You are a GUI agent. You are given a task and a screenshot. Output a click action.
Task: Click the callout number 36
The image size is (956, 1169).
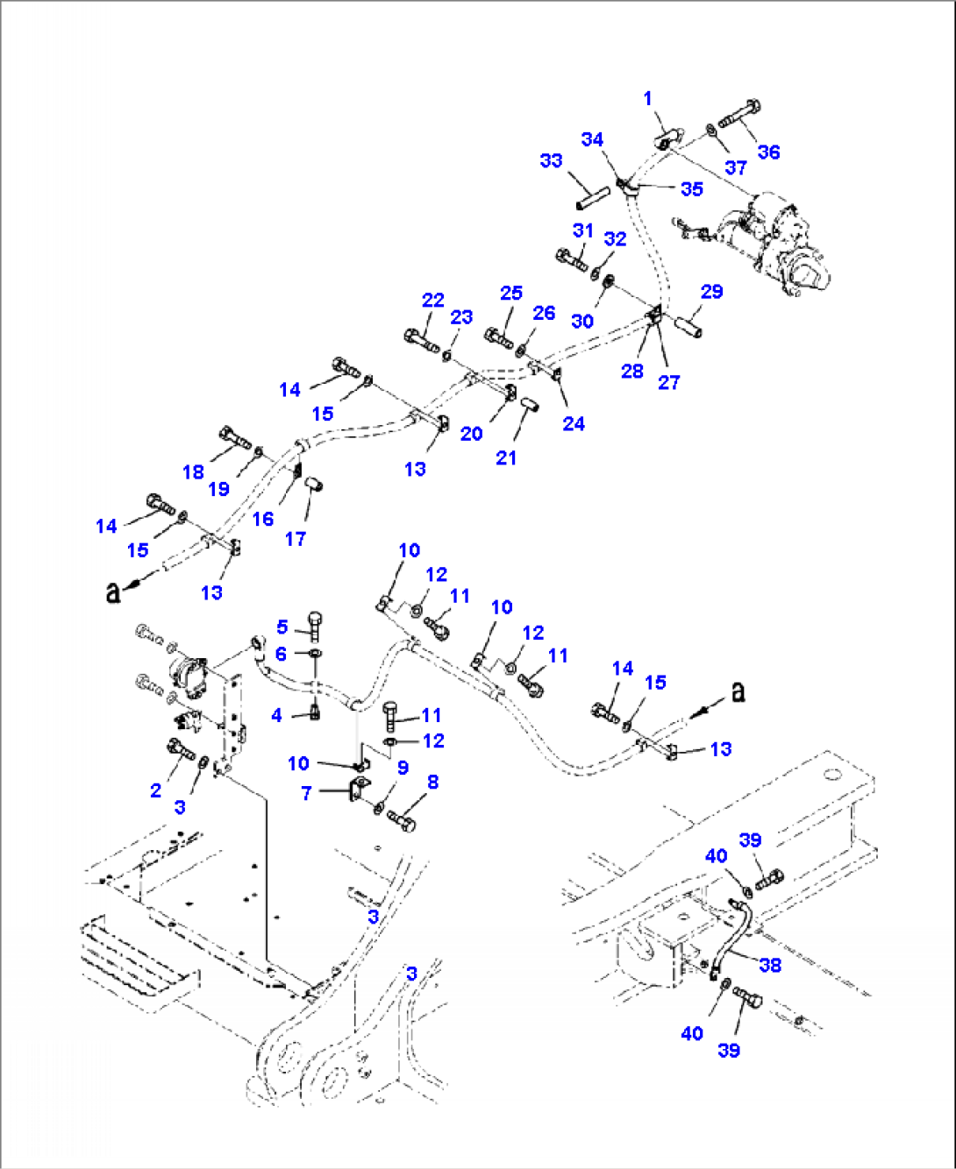click(x=768, y=152)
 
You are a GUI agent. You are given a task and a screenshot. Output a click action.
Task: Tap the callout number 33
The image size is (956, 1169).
click(x=551, y=160)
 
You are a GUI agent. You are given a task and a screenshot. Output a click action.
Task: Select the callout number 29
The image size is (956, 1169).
click(x=711, y=291)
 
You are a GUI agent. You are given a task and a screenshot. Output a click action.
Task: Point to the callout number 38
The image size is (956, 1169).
click(x=770, y=965)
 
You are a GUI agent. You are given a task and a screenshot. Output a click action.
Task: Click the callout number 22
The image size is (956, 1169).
click(x=433, y=300)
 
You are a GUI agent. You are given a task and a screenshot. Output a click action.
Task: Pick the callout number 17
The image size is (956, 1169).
click(x=296, y=539)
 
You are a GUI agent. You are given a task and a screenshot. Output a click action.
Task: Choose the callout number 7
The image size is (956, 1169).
click(x=306, y=794)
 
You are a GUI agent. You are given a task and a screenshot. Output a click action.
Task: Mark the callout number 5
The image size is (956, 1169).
click(x=282, y=627)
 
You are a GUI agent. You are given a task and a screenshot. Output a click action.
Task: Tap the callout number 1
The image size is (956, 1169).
click(x=648, y=98)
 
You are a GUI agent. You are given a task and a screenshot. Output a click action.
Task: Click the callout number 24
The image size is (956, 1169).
click(x=574, y=423)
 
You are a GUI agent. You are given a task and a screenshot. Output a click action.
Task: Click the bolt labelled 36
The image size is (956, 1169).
click(x=740, y=115)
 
